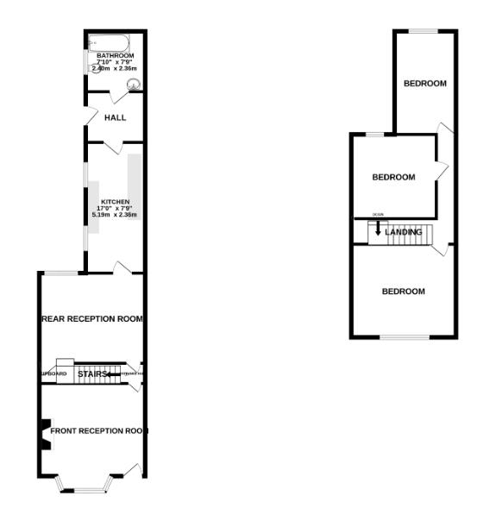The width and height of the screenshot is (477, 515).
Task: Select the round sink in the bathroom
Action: click(134, 85)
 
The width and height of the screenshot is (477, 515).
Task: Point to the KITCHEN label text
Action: click(115, 202)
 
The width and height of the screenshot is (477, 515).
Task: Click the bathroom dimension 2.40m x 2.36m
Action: click(115, 68)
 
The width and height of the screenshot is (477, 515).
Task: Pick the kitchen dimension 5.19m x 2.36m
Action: click(115, 214)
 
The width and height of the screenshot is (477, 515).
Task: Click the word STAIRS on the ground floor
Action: click(91, 374)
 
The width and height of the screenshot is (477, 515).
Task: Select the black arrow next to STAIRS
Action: click(115, 374)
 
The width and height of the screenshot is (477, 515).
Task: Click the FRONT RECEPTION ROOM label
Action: click(98, 430)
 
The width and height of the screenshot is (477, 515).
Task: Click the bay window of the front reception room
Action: click(83, 486)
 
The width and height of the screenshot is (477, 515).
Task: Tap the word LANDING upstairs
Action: click(404, 232)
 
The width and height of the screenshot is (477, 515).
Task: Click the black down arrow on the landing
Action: click(377, 231)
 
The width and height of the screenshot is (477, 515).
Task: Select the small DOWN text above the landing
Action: click(378, 215)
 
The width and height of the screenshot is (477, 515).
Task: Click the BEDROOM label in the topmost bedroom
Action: click(425, 84)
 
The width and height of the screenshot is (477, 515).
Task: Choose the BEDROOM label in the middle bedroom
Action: click(393, 177)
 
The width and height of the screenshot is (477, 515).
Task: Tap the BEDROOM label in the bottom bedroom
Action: click(404, 292)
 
